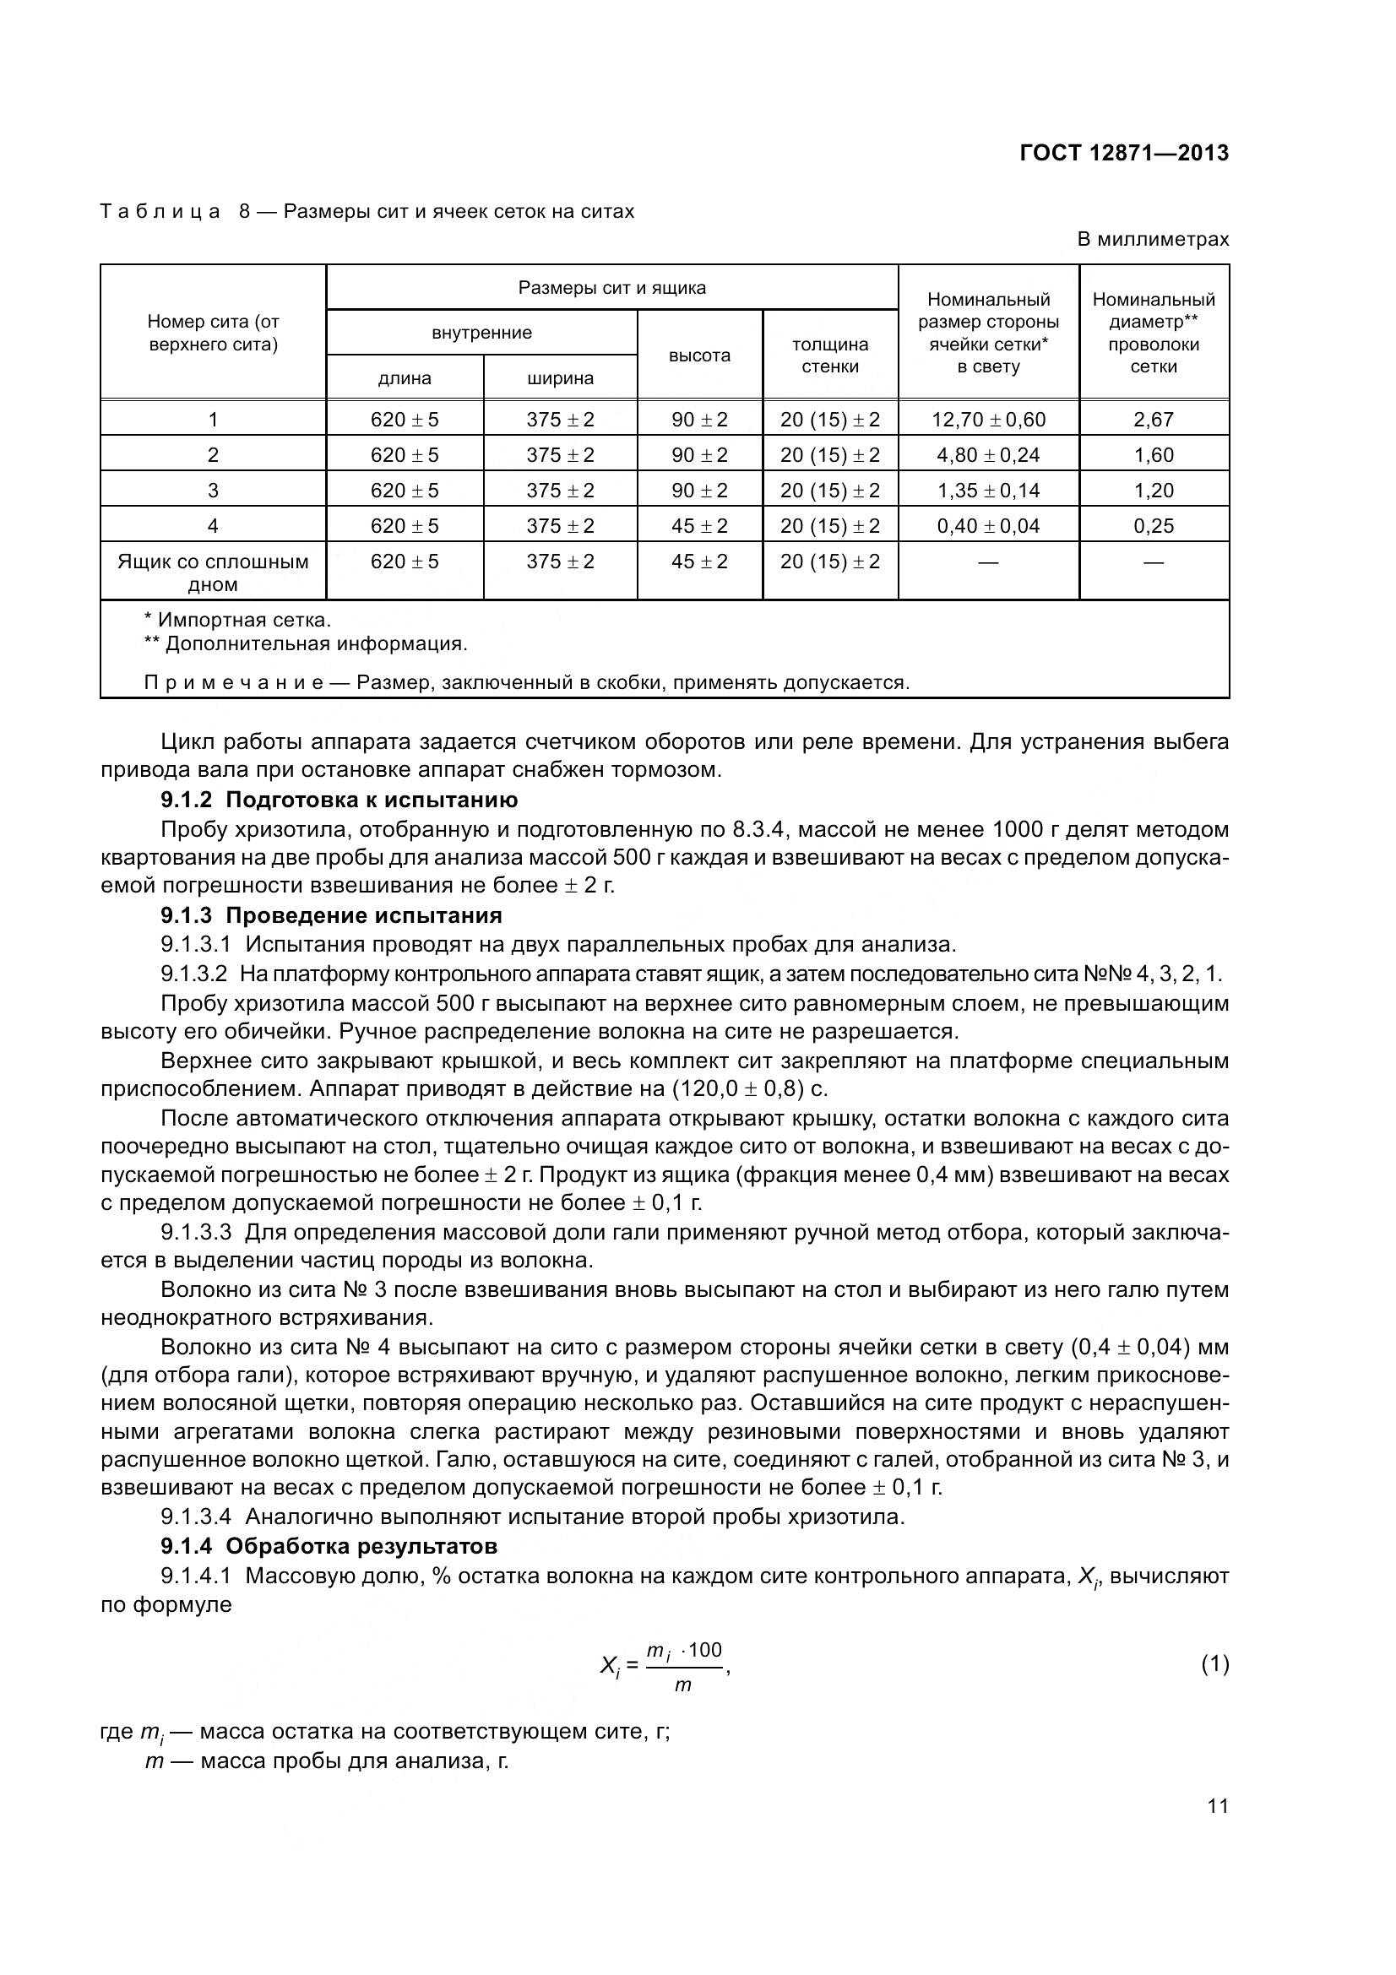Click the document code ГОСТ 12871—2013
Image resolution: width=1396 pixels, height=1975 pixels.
(1123, 153)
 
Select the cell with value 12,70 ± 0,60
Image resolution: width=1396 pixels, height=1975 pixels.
(988, 420)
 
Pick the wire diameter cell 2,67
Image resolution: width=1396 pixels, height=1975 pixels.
(1153, 420)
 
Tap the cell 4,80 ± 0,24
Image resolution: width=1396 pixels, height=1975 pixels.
(988, 455)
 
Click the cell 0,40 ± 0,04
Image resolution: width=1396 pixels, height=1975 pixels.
(988, 525)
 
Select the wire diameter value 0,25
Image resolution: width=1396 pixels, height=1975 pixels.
(1153, 525)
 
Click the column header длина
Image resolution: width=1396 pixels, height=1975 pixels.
(405, 378)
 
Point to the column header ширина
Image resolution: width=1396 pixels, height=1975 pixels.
(560, 378)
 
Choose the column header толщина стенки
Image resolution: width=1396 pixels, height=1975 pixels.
(830, 355)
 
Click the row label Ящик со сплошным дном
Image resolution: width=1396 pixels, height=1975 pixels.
(213, 572)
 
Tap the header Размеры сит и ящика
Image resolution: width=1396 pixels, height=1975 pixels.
(611, 288)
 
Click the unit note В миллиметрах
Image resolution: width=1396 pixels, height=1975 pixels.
(1153, 239)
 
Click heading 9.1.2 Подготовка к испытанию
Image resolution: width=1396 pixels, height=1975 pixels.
(339, 800)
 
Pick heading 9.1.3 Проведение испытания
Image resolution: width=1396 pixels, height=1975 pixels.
(331, 914)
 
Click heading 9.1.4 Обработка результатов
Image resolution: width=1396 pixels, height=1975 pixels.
(329, 1546)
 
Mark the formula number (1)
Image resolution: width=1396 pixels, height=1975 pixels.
(1214, 1664)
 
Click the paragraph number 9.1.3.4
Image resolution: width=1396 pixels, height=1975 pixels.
(195, 1517)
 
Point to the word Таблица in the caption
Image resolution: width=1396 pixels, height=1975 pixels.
(160, 212)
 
